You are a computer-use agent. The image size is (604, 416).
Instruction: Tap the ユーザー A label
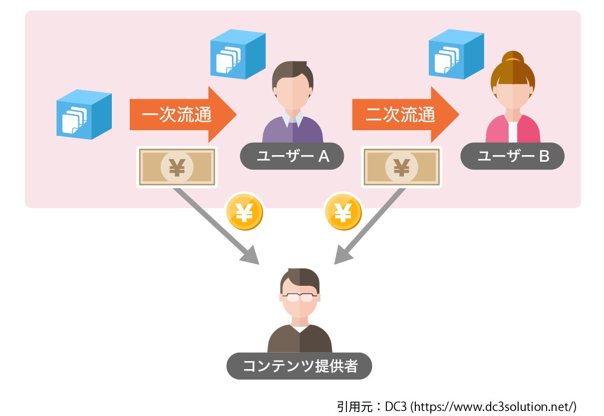(293, 157)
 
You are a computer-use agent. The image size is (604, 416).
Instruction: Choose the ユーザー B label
(513, 157)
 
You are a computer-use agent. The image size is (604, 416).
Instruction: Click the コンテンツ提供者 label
(300, 366)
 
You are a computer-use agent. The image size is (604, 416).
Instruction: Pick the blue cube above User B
(456, 54)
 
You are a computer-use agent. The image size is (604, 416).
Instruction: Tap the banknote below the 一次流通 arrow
(177, 168)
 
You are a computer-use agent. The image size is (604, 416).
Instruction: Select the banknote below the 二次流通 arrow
(402, 168)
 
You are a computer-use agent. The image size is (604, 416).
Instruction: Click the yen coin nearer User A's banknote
(244, 212)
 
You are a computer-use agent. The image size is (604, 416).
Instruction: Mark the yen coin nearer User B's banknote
(343, 212)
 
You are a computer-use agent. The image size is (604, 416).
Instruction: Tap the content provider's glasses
(300, 298)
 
